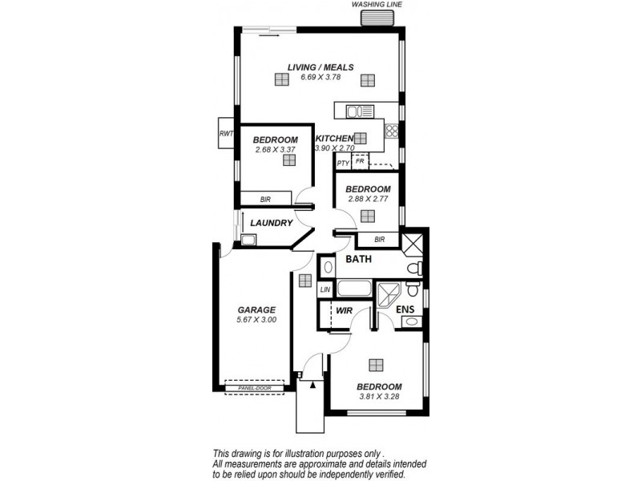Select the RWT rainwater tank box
225,134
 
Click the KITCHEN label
334,139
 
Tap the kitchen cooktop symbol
392,131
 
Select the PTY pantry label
343,164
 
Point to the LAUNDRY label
270,223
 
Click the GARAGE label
256,309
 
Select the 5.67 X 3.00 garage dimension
256,320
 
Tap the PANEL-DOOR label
254,389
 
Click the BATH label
358,260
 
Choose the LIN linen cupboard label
325,289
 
